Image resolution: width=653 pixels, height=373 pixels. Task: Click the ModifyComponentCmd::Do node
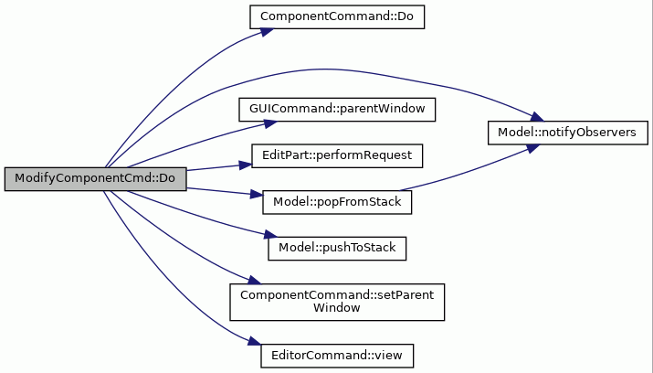[x=95, y=179]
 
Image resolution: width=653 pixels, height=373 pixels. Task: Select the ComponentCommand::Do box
[x=337, y=17]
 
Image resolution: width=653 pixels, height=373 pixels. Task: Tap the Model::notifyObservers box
[x=568, y=133]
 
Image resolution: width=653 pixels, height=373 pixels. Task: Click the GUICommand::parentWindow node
[x=337, y=110]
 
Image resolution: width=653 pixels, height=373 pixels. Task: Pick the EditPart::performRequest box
[x=337, y=156]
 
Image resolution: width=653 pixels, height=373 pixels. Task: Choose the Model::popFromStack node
[x=337, y=203]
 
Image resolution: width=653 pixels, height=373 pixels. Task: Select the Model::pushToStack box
[x=337, y=249]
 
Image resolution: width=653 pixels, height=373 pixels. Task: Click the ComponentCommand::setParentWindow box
[x=337, y=303]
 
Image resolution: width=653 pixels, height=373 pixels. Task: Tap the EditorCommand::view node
[x=337, y=356]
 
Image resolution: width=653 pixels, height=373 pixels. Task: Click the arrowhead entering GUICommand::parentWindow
[x=270, y=123]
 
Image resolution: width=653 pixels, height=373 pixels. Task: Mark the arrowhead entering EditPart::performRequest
[x=246, y=165]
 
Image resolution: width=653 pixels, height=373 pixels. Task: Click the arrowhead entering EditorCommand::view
[x=255, y=341]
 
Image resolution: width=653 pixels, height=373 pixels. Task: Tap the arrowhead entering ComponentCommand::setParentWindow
[x=255, y=281]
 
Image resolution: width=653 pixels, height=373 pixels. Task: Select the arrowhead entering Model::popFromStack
[x=257, y=194]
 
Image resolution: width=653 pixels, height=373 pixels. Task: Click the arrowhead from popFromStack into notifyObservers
[x=533, y=148]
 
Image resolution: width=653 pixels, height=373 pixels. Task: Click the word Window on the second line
[x=336, y=308]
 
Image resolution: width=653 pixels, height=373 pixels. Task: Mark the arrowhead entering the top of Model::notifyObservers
[x=537, y=117]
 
